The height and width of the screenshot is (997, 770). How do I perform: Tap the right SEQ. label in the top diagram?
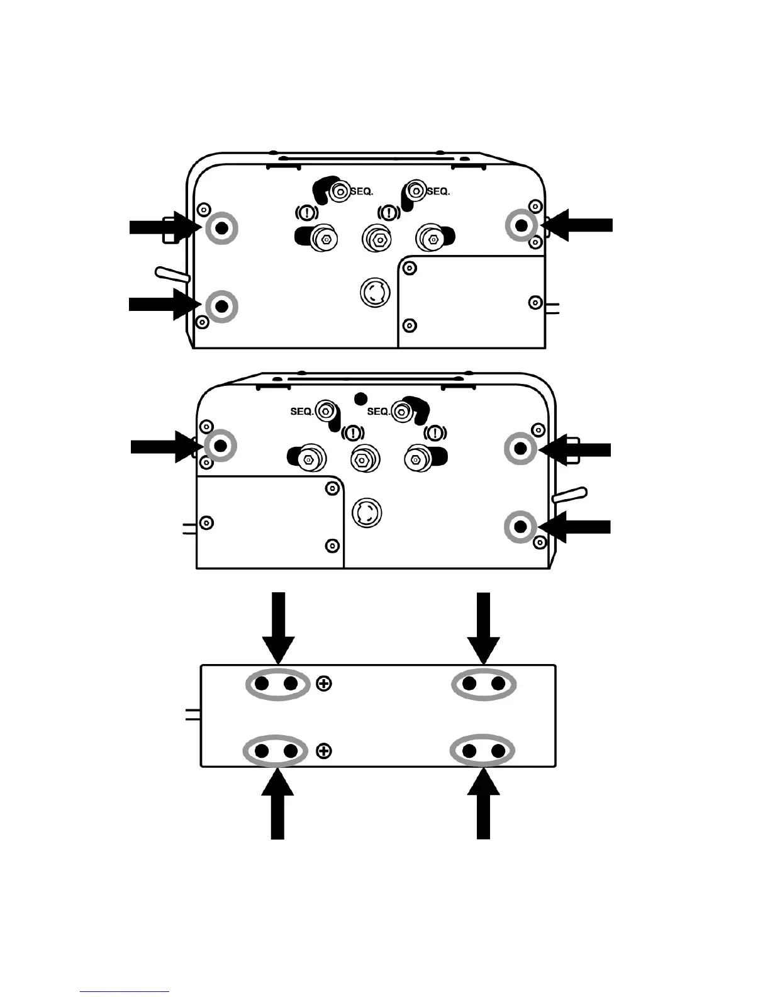pyautogui.click(x=438, y=191)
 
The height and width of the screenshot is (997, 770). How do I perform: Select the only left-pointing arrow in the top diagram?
pyautogui.click(x=580, y=225)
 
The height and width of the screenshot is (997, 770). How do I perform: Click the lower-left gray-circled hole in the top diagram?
pyautogui.click(x=221, y=306)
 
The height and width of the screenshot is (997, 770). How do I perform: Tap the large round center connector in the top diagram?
pyautogui.click(x=375, y=291)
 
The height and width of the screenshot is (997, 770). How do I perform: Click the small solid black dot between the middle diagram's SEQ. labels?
pyautogui.click(x=360, y=398)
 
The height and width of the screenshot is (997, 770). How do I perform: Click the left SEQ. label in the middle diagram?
pyautogui.click(x=302, y=412)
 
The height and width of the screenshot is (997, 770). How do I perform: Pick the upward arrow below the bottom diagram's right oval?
pyautogui.click(x=483, y=804)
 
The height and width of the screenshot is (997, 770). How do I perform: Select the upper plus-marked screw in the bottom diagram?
pyautogui.click(x=324, y=684)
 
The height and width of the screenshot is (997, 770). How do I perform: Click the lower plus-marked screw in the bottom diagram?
pyautogui.click(x=324, y=751)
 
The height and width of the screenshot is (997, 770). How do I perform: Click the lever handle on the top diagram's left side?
pyautogui.click(x=172, y=274)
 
